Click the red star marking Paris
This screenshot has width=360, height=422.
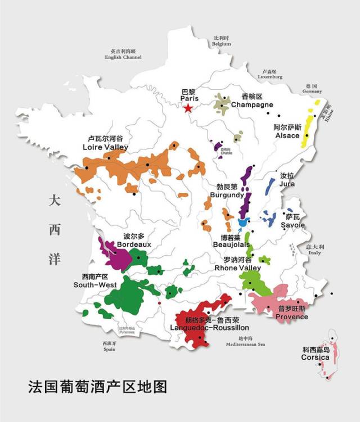pyautogui.click(x=188, y=108)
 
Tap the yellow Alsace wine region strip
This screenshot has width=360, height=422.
pyautogui.click(x=308, y=132)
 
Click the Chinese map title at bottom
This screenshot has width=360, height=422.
pyautogui.click(x=97, y=388)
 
